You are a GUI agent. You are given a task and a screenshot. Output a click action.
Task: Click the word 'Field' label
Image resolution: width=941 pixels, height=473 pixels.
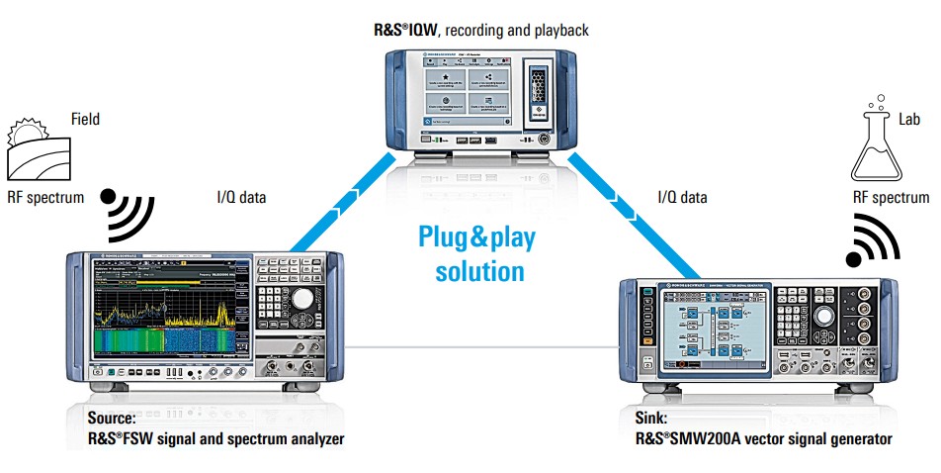click(x=85, y=120)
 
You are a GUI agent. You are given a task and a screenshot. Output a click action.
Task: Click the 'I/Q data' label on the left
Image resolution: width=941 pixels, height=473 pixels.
click(x=241, y=197)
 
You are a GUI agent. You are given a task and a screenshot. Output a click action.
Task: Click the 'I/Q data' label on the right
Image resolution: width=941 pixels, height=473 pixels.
click(x=683, y=197)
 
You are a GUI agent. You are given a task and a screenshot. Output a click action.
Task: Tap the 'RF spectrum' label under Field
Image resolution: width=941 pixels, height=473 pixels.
click(x=45, y=197)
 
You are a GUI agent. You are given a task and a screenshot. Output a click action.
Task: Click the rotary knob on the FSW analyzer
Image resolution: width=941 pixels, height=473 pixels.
click(x=303, y=298)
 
